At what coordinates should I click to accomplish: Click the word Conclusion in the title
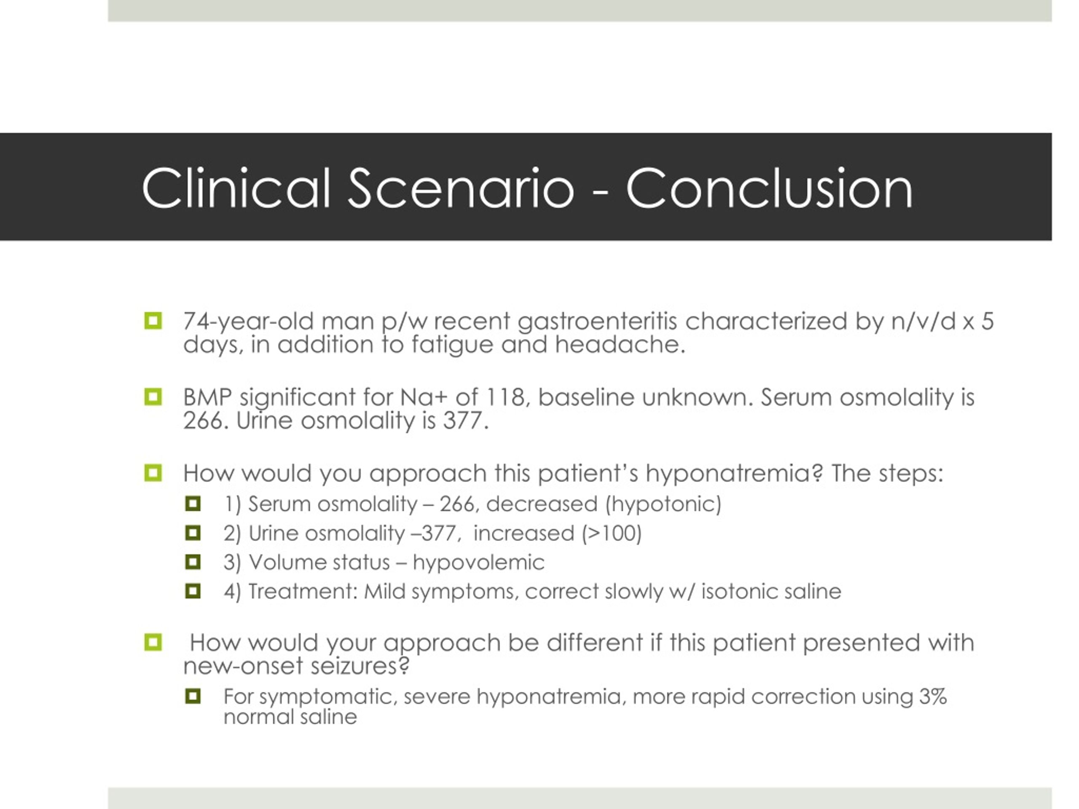[x=769, y=188]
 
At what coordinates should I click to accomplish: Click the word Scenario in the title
[x=461, y=188]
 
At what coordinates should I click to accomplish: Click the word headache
[x=620, y=345]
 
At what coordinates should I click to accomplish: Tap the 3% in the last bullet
[x=933, y=696]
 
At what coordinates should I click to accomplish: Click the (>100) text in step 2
[x=612, y=533]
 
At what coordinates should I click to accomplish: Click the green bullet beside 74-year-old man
[x=153, y=321]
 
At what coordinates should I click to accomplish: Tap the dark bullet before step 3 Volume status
[x=193, y=562]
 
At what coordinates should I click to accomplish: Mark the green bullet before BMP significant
[x=153, y=397]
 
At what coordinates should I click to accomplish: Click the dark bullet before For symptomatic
[x=193, y=696]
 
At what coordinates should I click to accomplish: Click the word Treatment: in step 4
[x=303, y=592]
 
